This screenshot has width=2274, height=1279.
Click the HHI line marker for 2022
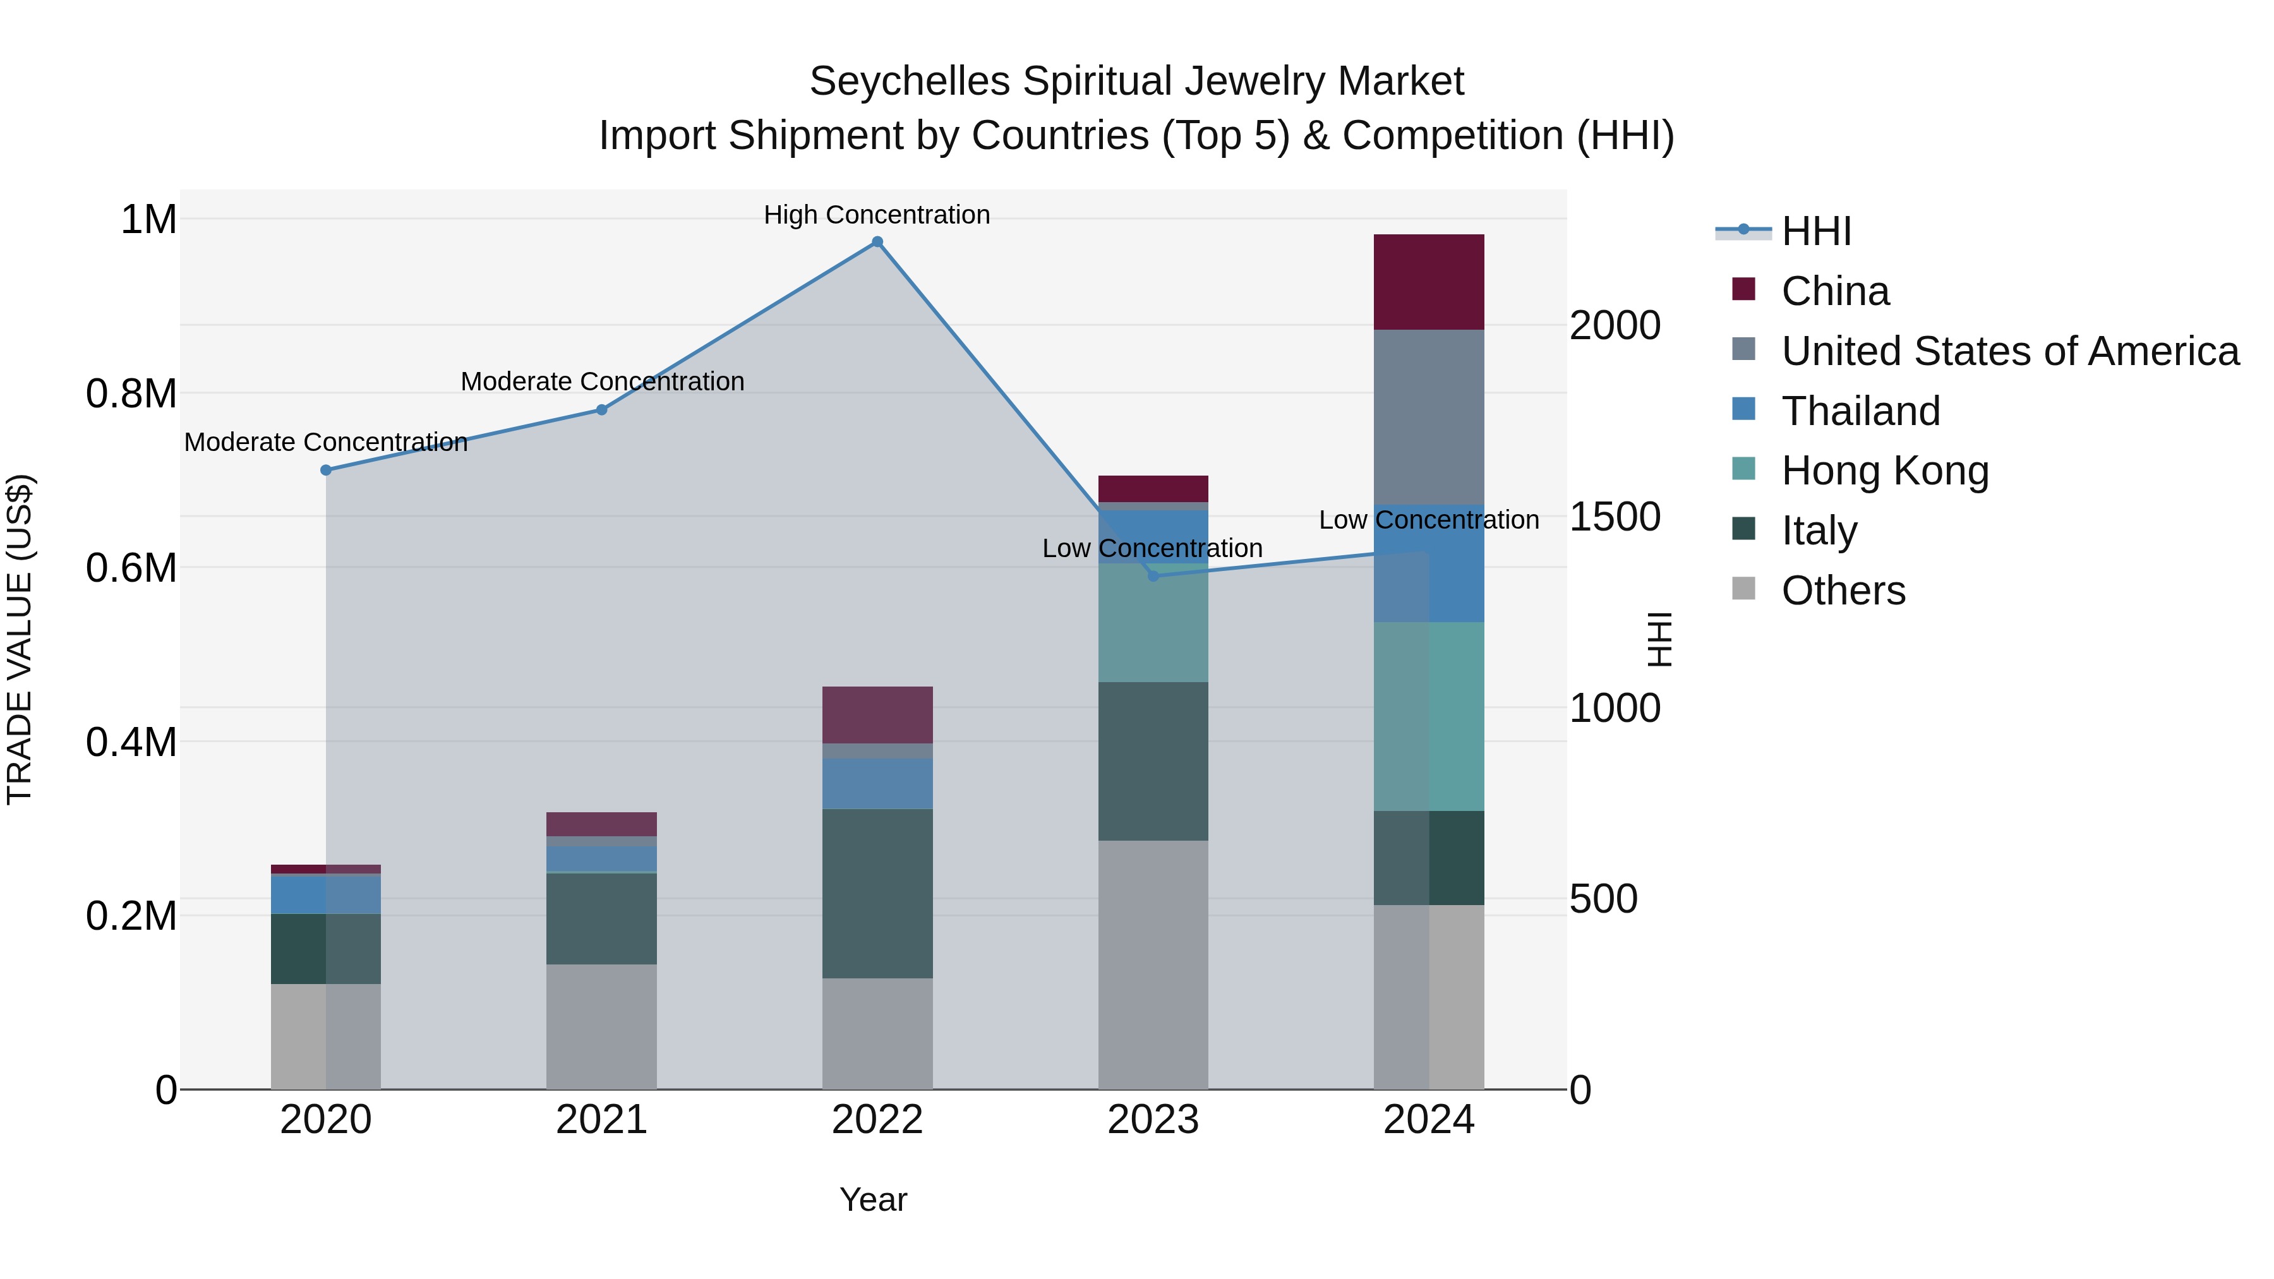(877, 242)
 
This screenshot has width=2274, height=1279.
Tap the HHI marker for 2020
(326, 471)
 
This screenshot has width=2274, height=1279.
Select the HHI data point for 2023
(1153, 575)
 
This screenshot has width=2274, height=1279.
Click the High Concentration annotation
(877, 215)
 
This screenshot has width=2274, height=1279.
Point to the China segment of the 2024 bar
(1428, 282)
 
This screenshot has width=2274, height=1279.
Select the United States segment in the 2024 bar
(1428, 417)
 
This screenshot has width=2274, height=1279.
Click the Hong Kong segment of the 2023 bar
(1153, 622)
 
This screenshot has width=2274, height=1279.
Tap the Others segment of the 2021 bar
(601, 1026)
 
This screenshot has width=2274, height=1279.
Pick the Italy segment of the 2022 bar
(877, 893)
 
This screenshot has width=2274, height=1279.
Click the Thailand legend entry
(1860, 411)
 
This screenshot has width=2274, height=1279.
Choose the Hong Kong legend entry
(1884, 471)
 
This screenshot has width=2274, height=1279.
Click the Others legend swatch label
(1843, 591)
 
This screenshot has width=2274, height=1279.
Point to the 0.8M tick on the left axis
(131, 393)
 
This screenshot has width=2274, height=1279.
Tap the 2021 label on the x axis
(601, 1120)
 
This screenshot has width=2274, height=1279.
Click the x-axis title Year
(873, 1199)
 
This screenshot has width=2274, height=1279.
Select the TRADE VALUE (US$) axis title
(20, 639)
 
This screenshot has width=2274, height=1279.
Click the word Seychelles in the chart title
(909, 81)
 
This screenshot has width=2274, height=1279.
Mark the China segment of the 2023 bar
(1153, 488)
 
